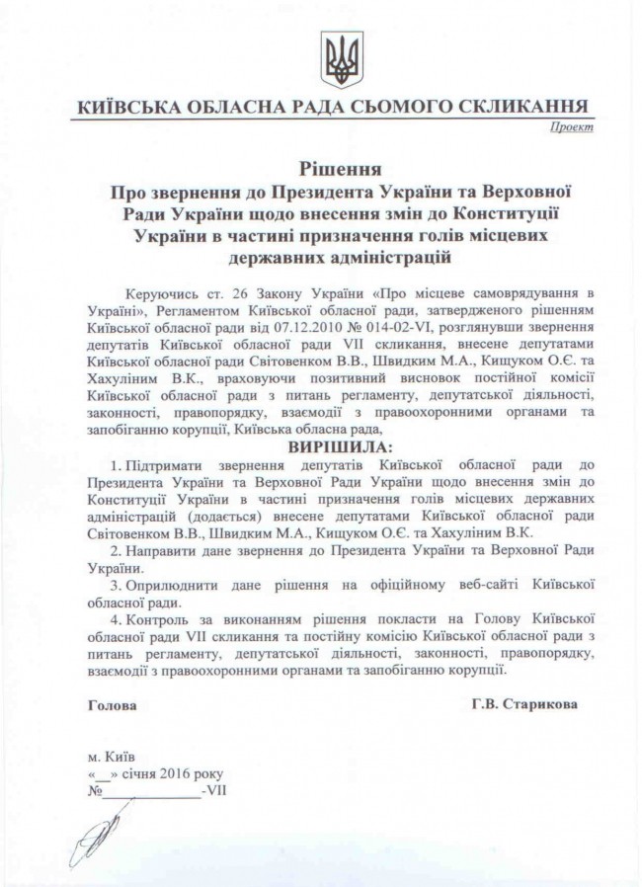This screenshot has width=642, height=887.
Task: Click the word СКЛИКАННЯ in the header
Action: tap(522, 107)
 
